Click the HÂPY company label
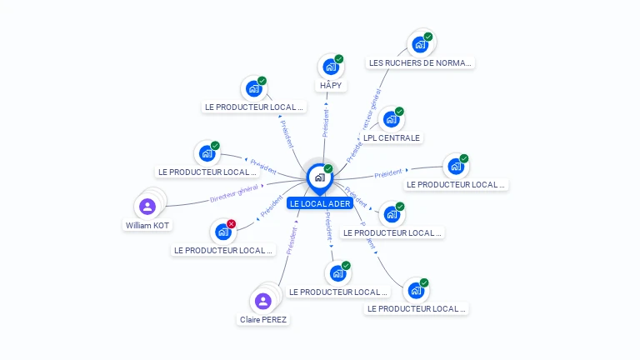[331, 85]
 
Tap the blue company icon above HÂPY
[330, 67]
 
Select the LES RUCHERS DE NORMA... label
[420, 62]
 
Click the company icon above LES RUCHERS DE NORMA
[419, 44]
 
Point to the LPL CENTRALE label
[392, 137]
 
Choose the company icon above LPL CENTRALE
[391, 119]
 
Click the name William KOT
[147, 225]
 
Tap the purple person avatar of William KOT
[147, 206]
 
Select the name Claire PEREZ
[263, 319]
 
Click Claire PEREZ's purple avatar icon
[263, 301]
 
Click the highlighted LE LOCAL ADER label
[320, 203]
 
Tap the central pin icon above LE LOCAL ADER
[319, 177]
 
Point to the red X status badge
[231, 223]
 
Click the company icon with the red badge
[222, 232]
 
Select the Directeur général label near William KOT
[234, 193]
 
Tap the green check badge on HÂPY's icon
[338, 59]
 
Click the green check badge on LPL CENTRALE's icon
[399, 112]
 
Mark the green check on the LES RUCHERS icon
[427, 37]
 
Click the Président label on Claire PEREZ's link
[291, 240]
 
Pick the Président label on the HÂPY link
[326, 122]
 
